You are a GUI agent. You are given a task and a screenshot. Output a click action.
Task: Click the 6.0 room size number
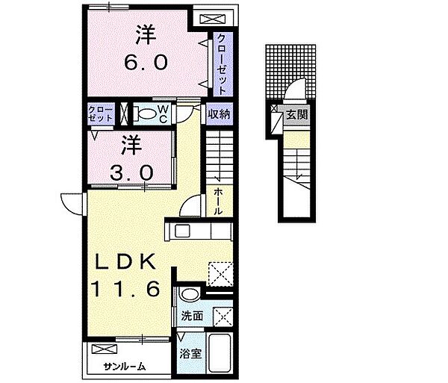[x=146, y=63]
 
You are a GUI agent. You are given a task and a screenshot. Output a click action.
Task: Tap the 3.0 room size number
[x=132, y=173]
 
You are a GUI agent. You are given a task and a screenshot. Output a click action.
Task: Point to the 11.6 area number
[x=125, y=288]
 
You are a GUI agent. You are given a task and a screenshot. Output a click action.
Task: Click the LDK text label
[x=125, y=261]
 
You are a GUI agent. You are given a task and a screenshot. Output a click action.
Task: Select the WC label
[x=163, y=114]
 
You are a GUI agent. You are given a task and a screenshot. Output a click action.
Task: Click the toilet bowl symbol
[x=146, y=114]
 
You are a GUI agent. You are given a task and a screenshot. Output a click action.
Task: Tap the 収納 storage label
[x=219, y=114]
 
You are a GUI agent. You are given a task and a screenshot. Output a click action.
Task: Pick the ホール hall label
[x=218, y=202]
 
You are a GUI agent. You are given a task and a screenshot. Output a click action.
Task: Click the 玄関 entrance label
[x=297, y=114]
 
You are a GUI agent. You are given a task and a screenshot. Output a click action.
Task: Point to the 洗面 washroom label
[x=192, y=316]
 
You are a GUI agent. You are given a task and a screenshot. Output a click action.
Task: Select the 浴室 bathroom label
[x=190, y=354]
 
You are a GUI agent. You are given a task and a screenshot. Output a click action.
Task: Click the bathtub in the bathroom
[x=220, y=352]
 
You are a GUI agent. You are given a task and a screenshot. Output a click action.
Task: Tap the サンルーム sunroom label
[x=125, y=367]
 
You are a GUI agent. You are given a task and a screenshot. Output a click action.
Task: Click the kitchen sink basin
[x=182, y=231]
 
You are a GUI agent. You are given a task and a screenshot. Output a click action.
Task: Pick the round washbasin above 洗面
[x=190, y=294]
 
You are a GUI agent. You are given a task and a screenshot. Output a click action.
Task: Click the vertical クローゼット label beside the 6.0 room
[x=223, y=64]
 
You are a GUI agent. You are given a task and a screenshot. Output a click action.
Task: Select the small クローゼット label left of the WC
[x=101, y=114]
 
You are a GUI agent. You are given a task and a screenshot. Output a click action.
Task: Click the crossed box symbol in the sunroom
[x=105, y=349]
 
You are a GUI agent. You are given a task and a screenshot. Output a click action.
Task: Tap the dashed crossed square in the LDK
[x=220, y=273]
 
